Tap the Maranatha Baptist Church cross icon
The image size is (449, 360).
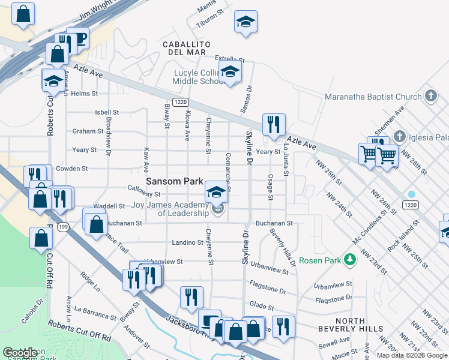point(430,96)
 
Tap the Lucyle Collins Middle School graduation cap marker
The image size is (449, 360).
point(229,73)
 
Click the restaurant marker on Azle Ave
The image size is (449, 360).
point(274,124)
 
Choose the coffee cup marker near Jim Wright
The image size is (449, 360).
point(78,39)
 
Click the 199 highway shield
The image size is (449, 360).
point(62,227)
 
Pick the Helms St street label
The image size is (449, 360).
point(84,94)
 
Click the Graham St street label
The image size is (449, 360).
point(88,131)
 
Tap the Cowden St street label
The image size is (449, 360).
point(72,169)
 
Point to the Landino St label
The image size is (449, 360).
point(188,243)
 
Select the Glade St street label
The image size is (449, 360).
point(262,307)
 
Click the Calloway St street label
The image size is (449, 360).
point(144,194)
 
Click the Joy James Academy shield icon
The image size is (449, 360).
point(217,209)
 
